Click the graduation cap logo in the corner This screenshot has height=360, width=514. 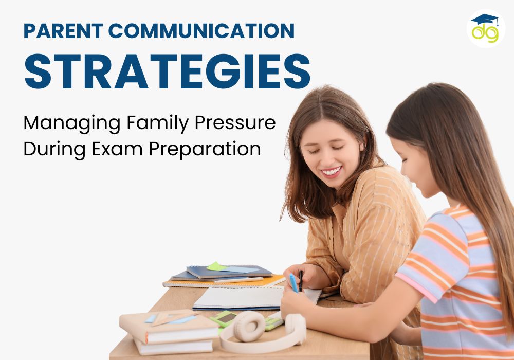(x=485, y=28)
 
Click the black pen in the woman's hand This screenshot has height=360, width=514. (x=301, y=278)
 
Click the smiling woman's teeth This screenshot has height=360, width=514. (x=332, y=170)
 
